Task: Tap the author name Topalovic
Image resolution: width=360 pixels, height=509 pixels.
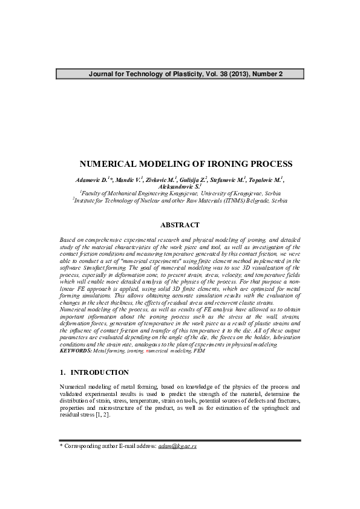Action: (x=267, y=180)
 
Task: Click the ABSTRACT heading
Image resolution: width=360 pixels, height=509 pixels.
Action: (x=180, y=225)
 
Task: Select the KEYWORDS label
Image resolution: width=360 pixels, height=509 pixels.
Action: (x=76, y=350)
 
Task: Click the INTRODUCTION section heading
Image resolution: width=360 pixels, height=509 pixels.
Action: (x=100, y=372)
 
